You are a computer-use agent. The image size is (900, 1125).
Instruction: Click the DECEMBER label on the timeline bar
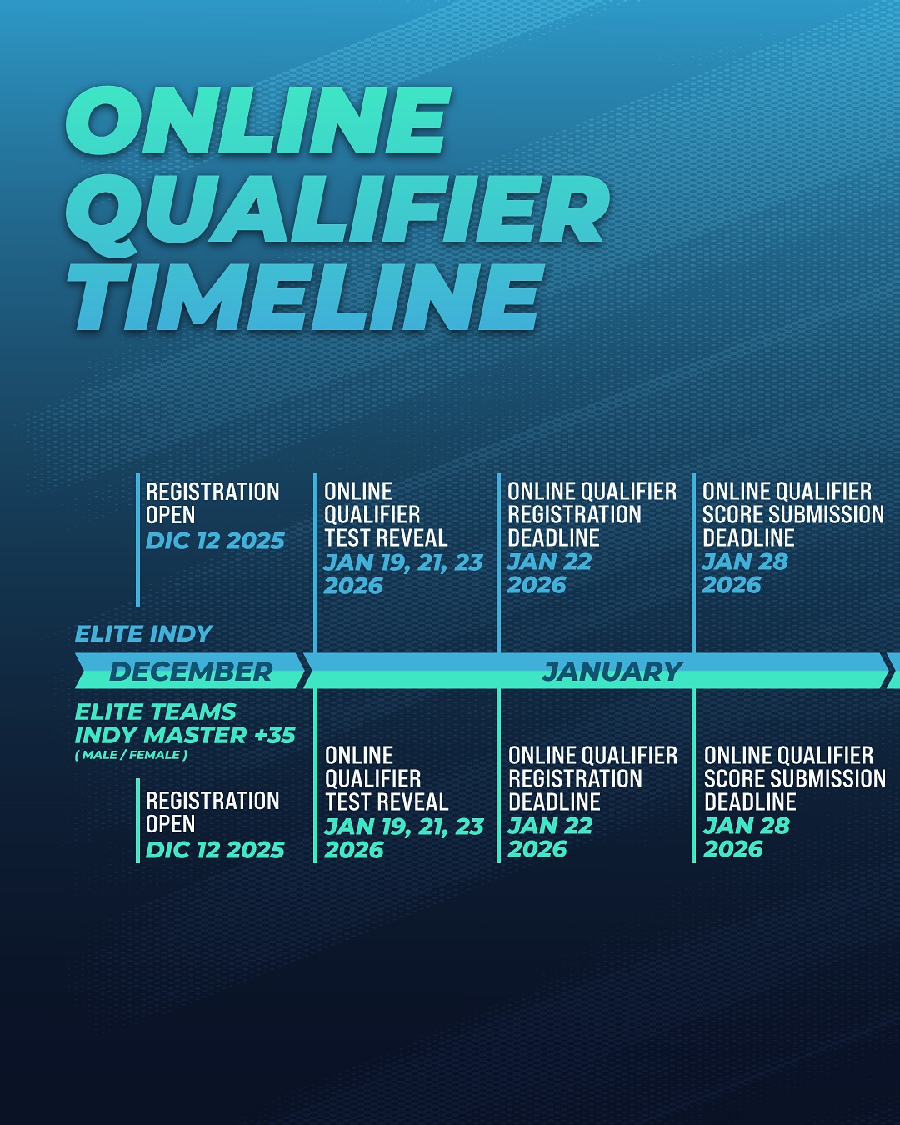pyautogui.click(x=191, y=671)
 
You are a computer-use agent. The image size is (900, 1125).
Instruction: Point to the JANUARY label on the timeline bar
pyautogui.click(x=612, y=671)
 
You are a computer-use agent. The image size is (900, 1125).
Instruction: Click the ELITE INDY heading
pyautogui.click(x=144, y=633)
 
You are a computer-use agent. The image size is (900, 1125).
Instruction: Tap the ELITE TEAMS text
pyautogui.click(x=155, y=712)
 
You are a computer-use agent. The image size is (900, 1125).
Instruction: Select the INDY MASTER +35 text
pyautogui.click(x=185, y=735)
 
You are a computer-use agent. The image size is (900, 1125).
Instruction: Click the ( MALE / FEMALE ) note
pyautogui.click(x=131, y=755)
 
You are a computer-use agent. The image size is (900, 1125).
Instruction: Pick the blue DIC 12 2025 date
pyautogui.click(x=215, y=541)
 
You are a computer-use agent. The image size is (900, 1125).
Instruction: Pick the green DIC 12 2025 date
pyautogui.click(x=215, y=849)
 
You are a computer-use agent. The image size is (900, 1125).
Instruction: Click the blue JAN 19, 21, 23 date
pyautogui.click(x=403, y=562)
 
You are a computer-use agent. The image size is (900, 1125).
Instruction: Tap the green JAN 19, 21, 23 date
pyautogui.click(x=404, y=827)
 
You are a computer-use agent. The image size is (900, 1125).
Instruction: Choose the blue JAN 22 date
pyautogui.click(x=549, y=562)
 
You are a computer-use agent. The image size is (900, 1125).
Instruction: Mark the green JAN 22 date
pyautogui.click(x=550, y=826)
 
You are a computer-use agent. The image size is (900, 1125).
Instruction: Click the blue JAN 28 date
pyautogui.click(x=745, y=562)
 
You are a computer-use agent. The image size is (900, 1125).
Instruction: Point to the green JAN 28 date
pyautogui.click(x=747, y=826)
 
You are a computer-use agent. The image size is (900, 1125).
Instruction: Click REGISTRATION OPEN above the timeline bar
pyautogui.click(x=212, y=502)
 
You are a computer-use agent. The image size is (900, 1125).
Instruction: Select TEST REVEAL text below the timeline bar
pyautogui.click(x=387, y=802)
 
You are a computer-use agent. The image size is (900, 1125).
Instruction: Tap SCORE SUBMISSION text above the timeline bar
pyautogui.click(x=793, y=514)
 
